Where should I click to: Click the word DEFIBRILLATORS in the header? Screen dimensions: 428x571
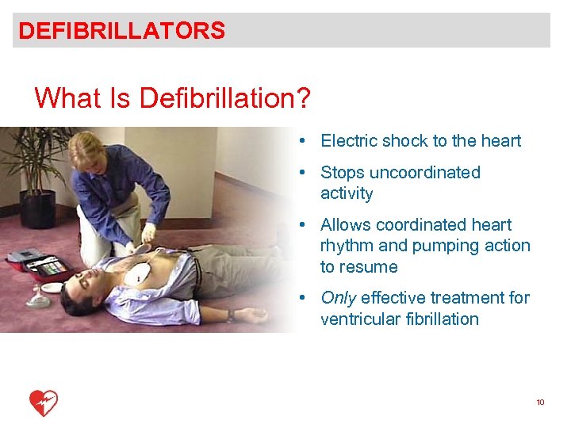click(x=121, y=31)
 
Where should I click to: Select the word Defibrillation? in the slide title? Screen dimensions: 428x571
click(x=224, y=98)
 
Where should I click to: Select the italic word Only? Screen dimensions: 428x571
click(x=338, y=298)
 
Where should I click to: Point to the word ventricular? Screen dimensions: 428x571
click(x=358, y=319)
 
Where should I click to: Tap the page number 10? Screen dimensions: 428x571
click(x=540, y=403)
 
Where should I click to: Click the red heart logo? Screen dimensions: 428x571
click(x=44, y=403)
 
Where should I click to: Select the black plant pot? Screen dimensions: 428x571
click(x=37, y=208)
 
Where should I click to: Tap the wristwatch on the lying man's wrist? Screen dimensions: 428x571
click(x=229, y=315)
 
